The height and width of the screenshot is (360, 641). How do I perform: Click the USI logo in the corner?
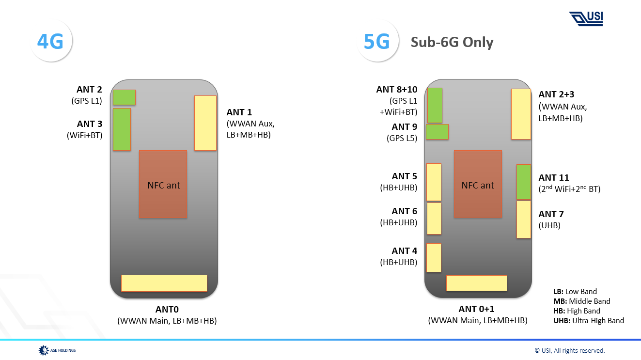(x=586, y=18)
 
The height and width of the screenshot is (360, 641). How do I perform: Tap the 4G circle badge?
(x=51, y=42)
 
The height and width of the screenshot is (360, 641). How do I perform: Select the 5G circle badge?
(x=377, y=42)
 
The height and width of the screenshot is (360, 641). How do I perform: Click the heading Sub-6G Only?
(x=452, y=42)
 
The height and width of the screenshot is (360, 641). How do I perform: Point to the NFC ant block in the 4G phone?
(x=163, y=184)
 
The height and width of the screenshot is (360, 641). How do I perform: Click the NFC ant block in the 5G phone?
(x=477, y=184)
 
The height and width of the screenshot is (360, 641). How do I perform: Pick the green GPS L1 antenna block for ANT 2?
(x=124, y=97)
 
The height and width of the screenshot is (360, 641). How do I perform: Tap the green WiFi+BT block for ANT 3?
(x=122, y=129)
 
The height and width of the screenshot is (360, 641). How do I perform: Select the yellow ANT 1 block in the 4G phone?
(x=205, y=123)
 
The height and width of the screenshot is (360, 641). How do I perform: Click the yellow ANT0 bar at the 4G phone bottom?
(x=164, y=283)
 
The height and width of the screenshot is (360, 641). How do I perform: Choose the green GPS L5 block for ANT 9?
(x=437, y=132)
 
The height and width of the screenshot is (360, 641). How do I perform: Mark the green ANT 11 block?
(x=523, y=182)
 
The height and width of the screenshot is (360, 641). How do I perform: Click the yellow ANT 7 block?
(x=523, y=219)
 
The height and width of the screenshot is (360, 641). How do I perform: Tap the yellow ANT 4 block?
(x=434, y=257)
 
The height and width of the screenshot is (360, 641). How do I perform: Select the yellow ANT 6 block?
(x=434, y=218)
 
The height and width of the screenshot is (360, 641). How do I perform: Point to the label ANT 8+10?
(x=396, y=90)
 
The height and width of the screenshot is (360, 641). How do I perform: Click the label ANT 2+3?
(x=556, y=94)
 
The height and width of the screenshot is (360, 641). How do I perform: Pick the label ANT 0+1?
(x=477, y=309)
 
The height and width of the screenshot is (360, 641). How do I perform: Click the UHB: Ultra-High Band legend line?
(x=588, y=320)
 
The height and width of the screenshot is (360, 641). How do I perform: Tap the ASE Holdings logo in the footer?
(x=57, y=350)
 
